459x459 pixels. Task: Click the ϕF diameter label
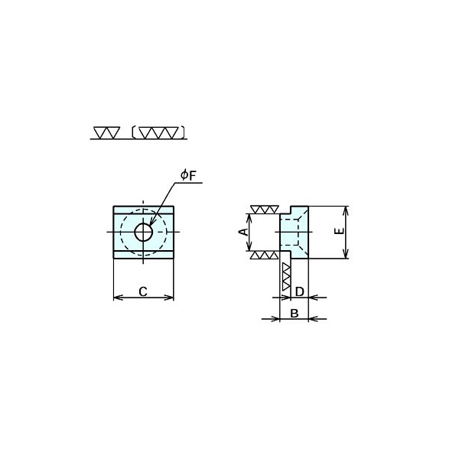click(x=188, y=176)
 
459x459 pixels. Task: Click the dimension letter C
click(x=143, y=291)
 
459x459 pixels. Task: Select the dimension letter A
click(x=243, y=232)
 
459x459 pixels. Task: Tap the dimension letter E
click(x=339, y=231)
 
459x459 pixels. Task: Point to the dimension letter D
click(x=299, y=291)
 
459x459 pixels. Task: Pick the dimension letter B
click(x=295, y=313)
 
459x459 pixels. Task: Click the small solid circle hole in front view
click(x=144, y=232)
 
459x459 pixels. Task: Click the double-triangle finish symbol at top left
click(x=107, y=132)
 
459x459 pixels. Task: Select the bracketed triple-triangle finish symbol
click(x=158, y=132)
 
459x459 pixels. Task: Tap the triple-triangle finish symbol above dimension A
click(x=264, y=210)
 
